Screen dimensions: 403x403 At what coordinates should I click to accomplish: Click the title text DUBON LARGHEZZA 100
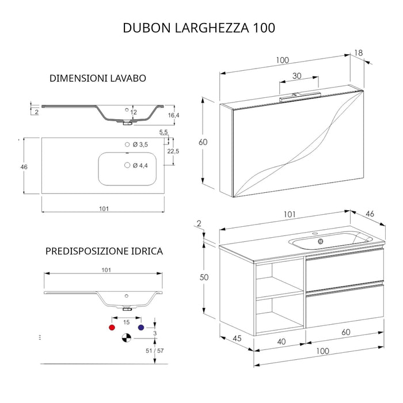(199, 28)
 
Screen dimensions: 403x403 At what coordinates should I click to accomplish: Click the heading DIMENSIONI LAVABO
(97, 78)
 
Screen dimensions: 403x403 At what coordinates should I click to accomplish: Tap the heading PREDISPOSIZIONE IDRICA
(104, 251)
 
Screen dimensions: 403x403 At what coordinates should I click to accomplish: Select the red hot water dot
(111, 326)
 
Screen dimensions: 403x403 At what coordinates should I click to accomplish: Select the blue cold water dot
(141, 326)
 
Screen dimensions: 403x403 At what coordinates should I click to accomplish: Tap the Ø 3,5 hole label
(140, 145)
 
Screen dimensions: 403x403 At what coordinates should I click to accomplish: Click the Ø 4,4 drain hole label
(140, 166)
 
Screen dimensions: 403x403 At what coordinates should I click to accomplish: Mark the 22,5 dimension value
(173, 152)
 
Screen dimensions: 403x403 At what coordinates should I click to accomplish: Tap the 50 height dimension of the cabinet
(203, 277)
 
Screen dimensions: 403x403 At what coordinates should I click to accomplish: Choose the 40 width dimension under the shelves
(282, 342)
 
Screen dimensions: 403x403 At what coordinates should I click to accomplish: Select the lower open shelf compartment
(279, 314)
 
